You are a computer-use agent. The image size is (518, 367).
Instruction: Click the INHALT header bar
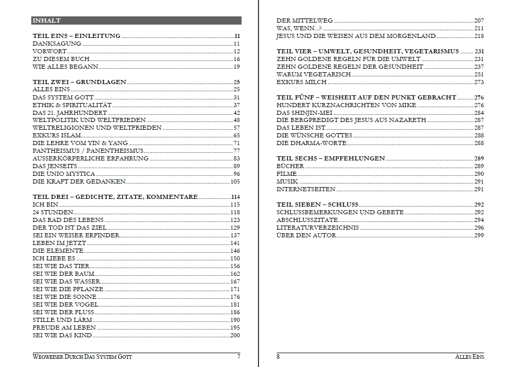point(136,21)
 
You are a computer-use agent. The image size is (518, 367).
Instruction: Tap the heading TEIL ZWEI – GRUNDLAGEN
point(79,82)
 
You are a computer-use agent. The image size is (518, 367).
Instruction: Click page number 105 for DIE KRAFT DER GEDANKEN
point(235,181)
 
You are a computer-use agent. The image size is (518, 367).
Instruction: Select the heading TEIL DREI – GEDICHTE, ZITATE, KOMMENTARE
point(115,197)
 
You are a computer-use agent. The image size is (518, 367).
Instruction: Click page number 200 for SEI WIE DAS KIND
point(235,335)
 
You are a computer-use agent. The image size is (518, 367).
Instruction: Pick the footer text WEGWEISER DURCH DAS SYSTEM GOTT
point(82,357)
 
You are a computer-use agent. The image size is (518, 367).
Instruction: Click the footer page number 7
point(238,357)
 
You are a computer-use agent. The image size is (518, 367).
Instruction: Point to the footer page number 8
point(278,357)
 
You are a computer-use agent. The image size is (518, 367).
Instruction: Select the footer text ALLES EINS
point(469,357)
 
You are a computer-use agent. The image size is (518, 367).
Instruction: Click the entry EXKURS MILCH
point(301,82)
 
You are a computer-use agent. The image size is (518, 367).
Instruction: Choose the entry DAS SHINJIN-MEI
point(305,113)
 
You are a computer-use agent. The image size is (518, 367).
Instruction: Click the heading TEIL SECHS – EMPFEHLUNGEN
point(330,158)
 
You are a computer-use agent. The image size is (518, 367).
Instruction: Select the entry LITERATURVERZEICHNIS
point(317,228)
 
